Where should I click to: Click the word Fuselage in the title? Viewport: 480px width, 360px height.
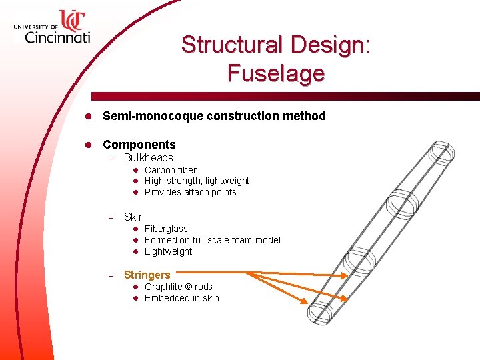pyautogui.click(x=275, y=73)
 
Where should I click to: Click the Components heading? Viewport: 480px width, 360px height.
pyautogui.click(x=139, y=145)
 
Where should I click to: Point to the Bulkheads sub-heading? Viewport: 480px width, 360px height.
pyautogui.click(x=148, y=158)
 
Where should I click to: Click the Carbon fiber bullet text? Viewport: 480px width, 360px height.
pyautogui.click(x=170, y=170)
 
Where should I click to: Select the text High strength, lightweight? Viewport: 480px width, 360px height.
pyautogui.click(x=197, y=181)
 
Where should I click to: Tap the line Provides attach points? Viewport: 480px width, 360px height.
pyautogui.click(x=190, y=192)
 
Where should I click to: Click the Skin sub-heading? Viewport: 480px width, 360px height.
pyautogui.click(x=133, y=217)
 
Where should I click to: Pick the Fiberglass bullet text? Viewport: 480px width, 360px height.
pyautogui.click(x=166, y=229)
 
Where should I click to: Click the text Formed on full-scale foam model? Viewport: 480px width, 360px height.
pyautogui.click(x=212, y=240)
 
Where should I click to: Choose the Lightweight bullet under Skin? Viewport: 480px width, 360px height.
pyautogui.click(x=168, y=251)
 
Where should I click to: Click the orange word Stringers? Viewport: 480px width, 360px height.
pyautogui.click(x=147, y=275)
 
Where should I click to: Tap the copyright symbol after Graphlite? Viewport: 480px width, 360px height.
pyautogui.click(x=189, y=287)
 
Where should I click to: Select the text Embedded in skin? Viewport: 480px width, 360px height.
pyautogui.click(x=181, y=298)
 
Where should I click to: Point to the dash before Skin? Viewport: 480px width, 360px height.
pyautogui.click(x=111, y=217)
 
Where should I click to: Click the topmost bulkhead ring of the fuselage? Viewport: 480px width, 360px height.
pyautogui.click(x=441, y=153)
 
